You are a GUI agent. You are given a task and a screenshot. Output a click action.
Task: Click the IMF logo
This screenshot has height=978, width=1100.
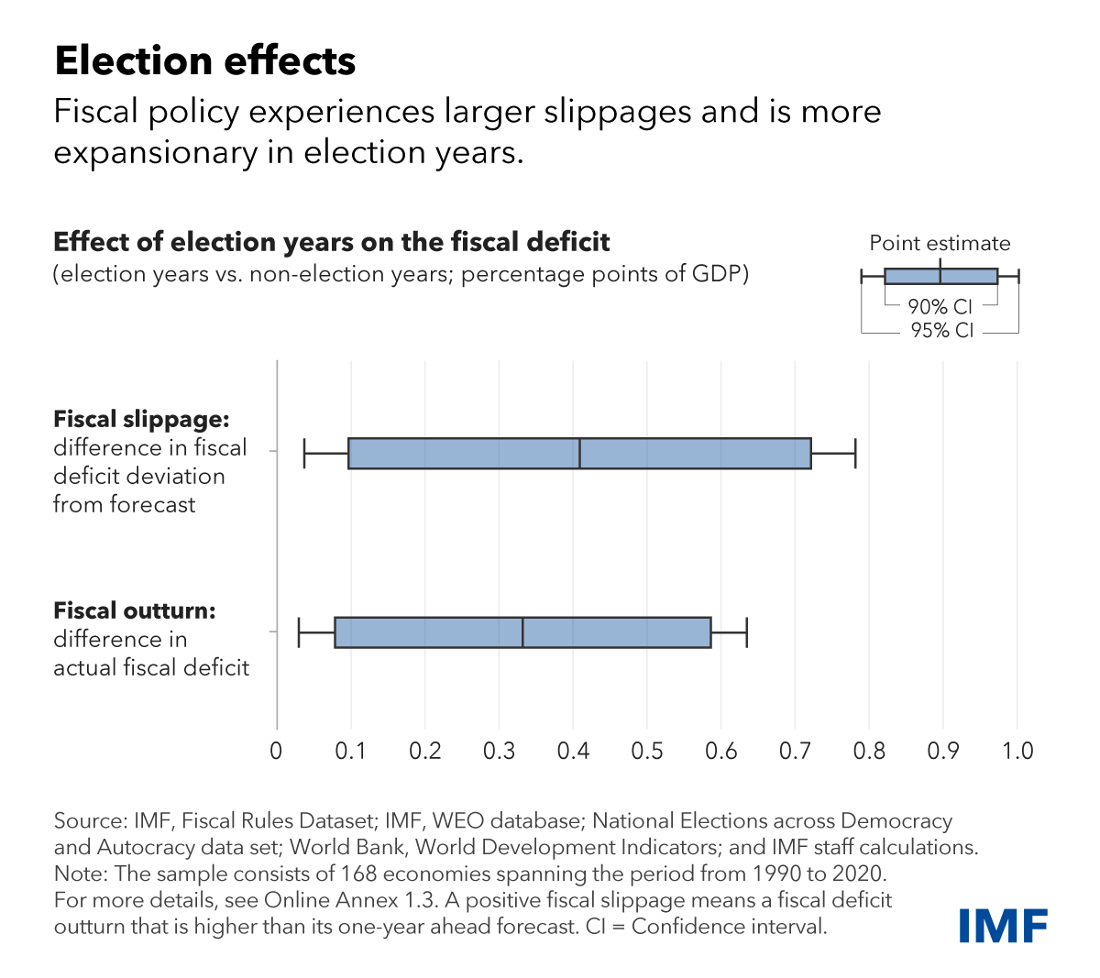click(1004, 926)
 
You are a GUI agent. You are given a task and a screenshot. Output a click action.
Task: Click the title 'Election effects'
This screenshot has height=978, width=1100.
click(205, 61)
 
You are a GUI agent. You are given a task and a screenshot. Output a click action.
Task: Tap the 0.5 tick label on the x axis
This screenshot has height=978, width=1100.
click(647, 752)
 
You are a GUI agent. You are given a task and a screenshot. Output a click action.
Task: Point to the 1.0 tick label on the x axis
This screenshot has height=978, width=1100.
click(1017, 752)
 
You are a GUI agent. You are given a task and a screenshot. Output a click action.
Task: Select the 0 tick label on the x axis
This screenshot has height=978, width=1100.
click(277, 752)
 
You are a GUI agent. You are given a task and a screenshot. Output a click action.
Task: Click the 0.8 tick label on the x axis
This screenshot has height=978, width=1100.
click(869, 752)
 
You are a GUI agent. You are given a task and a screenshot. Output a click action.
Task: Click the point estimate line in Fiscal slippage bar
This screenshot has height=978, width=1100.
click(580, 454)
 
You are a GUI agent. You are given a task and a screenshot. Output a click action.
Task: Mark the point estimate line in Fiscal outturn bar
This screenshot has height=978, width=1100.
click(522, 632)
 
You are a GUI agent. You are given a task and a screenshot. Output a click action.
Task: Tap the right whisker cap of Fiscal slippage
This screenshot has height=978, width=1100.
click(855, 454)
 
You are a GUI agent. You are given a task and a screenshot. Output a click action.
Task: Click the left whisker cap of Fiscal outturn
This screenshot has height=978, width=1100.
click(299, 632)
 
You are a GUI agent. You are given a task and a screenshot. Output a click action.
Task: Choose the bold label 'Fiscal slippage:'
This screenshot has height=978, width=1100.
click(141, 420)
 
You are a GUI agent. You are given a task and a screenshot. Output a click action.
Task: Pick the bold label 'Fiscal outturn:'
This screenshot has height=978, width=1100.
click(135, 611)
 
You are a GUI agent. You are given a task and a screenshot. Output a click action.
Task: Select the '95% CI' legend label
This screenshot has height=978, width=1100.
click(941, 331)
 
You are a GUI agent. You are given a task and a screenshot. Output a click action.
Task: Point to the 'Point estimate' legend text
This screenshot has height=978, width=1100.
click(940, 244)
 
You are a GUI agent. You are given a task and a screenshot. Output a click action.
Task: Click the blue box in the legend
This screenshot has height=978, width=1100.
click(917, 277)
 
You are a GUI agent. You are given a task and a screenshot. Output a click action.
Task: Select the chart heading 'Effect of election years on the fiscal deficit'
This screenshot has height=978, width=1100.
click(332, 242)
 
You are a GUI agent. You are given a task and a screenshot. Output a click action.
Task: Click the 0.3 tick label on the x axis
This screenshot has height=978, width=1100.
click(499, 752)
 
